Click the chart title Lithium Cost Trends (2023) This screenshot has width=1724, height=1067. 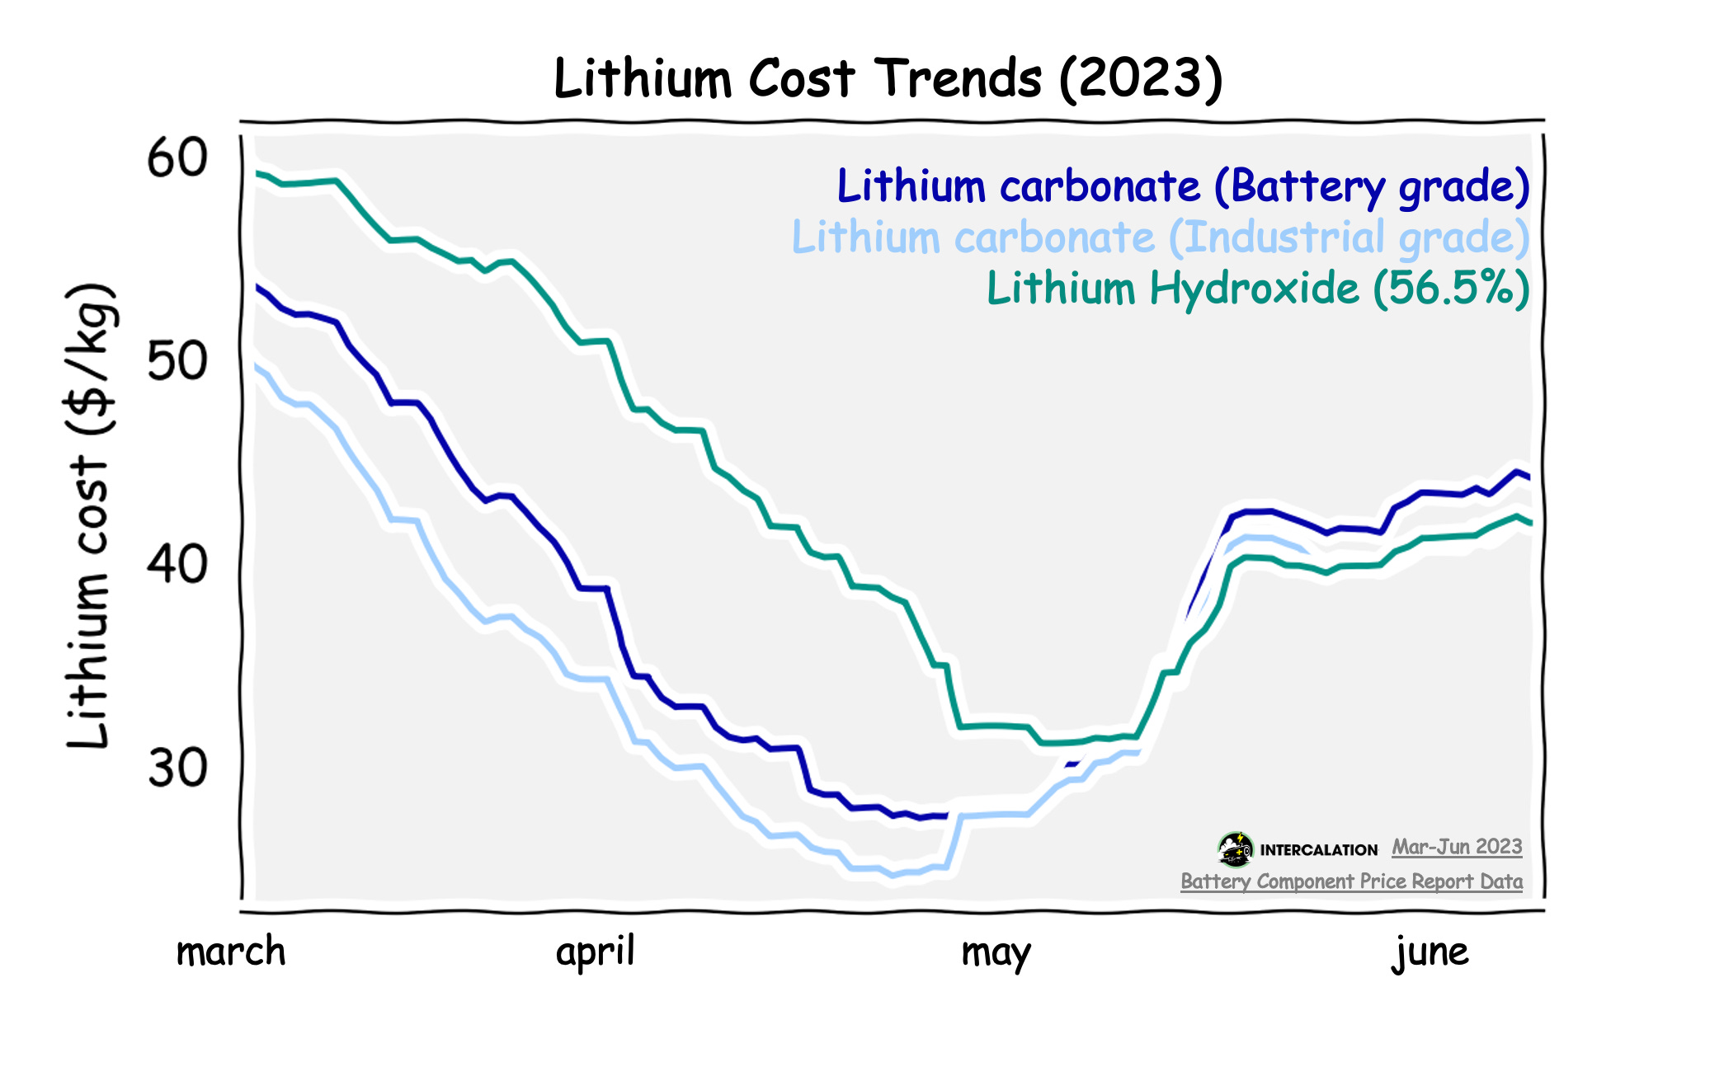pos(888,78)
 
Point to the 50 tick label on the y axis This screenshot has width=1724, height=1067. pos(177,361)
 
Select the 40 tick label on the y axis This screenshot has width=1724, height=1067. pos(177,565)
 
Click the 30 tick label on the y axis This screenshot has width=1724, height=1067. pos(177,769)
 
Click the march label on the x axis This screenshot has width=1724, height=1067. pos(231,952)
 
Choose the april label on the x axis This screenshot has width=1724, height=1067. pos(596,952)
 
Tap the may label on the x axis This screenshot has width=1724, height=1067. pos(996,953)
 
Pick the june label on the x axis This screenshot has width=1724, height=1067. pos(1430,953)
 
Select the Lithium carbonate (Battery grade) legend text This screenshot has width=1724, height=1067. pos(1183,186)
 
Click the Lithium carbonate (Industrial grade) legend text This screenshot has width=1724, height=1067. pos(1161,237)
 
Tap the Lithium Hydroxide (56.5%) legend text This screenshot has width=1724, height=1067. pos(1258,289)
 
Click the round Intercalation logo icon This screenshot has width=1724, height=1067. pos(1235,849)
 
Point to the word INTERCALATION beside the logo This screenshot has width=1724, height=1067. pos(1318,850)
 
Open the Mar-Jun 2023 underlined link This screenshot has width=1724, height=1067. pos(1457,847)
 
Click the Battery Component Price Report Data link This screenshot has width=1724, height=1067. pos(1351,881)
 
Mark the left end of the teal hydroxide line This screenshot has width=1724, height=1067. pos(258,173)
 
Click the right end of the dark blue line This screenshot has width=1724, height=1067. pos(1529,477)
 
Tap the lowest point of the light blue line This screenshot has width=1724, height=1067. pos(891,875)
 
